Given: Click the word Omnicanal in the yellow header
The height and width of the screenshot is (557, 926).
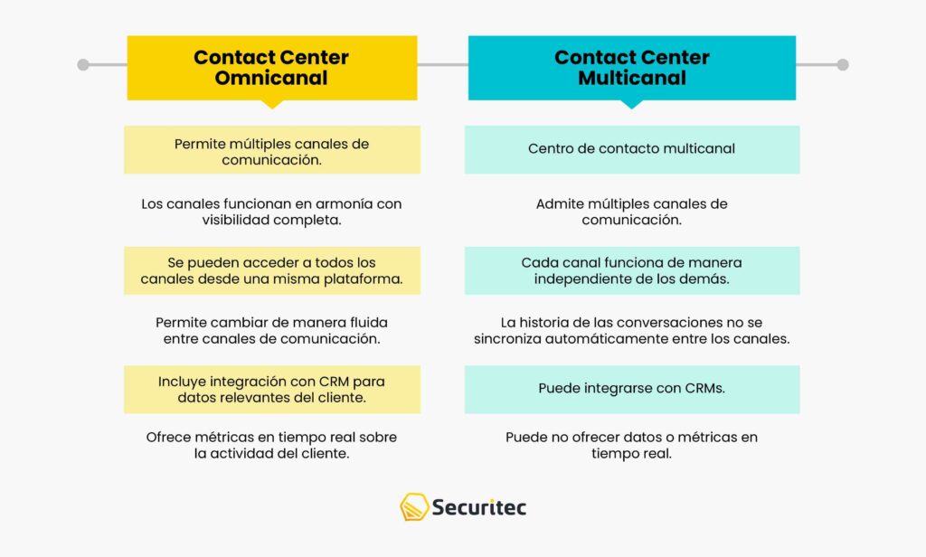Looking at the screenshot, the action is [271, 79].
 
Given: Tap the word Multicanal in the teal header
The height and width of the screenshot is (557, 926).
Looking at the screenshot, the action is [632, 79].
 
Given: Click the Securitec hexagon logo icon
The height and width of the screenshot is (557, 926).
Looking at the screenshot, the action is [414, 507].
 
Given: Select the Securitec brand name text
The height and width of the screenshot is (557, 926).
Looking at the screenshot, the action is [479, 507].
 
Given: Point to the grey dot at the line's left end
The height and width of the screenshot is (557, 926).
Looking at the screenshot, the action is [83, 65].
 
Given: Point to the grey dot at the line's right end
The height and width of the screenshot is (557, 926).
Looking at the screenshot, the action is [843, 65].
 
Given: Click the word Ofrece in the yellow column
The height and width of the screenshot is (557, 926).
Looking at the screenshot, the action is [171, 438].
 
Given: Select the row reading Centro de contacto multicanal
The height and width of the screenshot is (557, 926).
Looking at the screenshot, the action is [632, 148].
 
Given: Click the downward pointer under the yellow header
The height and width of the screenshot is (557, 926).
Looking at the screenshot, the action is [271, 104].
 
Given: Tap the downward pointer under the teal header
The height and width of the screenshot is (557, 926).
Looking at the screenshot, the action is [632, 104].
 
